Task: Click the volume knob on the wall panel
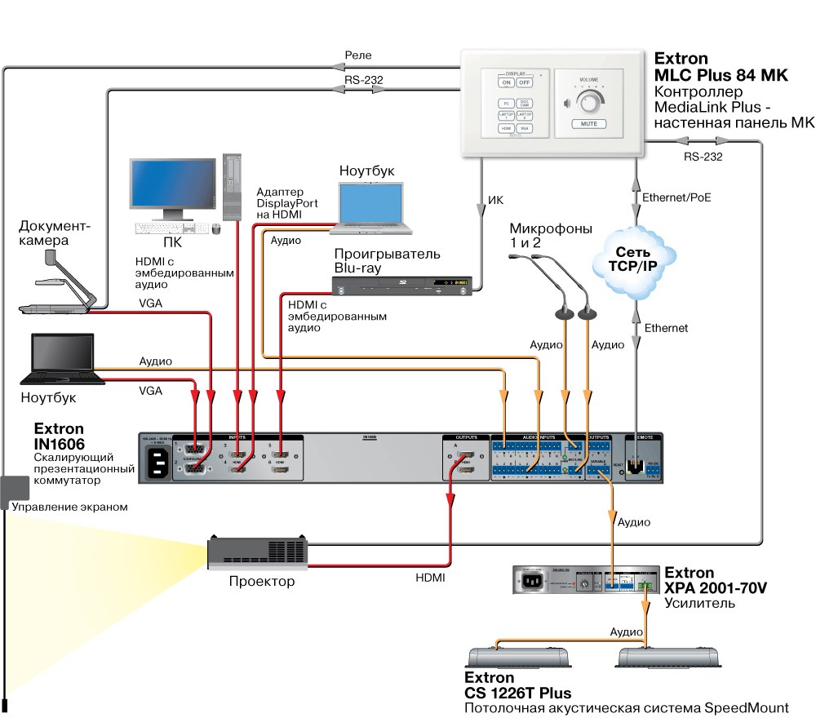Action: point(588,103)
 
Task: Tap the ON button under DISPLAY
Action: point(506,83)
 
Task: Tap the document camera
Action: point(61,286)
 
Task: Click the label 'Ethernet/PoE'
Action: point(676,197)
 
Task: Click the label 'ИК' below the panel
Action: point(496,200)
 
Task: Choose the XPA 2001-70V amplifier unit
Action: point(584,582)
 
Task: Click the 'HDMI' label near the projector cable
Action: point(430,578)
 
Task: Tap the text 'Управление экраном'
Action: point(70,507)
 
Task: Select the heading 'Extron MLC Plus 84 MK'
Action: point(721,67)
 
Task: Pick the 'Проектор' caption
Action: point(261,582)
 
